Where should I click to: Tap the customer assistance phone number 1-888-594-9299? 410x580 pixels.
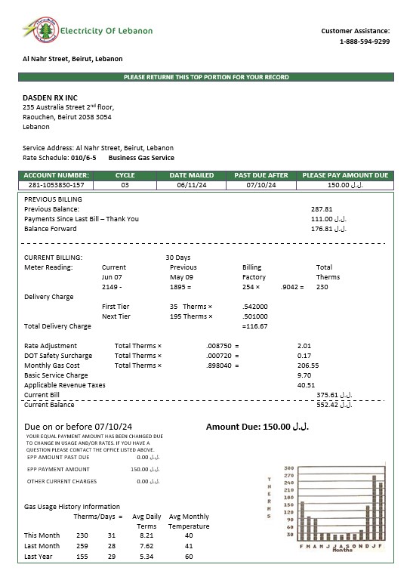(365, 42)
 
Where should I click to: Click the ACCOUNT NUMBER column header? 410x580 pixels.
(57, 175)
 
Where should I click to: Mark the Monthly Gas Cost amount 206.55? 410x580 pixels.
(308, 366)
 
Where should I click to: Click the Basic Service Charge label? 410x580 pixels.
(56, 375)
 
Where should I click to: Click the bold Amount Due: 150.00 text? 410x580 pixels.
(257, 427)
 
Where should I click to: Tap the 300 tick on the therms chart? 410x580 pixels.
(288, 467)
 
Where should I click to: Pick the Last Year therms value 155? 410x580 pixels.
(82, 557)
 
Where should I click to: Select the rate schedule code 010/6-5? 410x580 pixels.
(83, 158)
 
